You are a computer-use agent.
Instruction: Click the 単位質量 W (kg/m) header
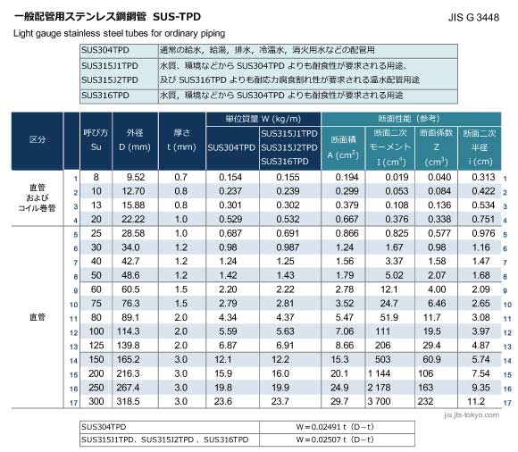[262, 119]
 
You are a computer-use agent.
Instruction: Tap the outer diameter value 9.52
[135, 178]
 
